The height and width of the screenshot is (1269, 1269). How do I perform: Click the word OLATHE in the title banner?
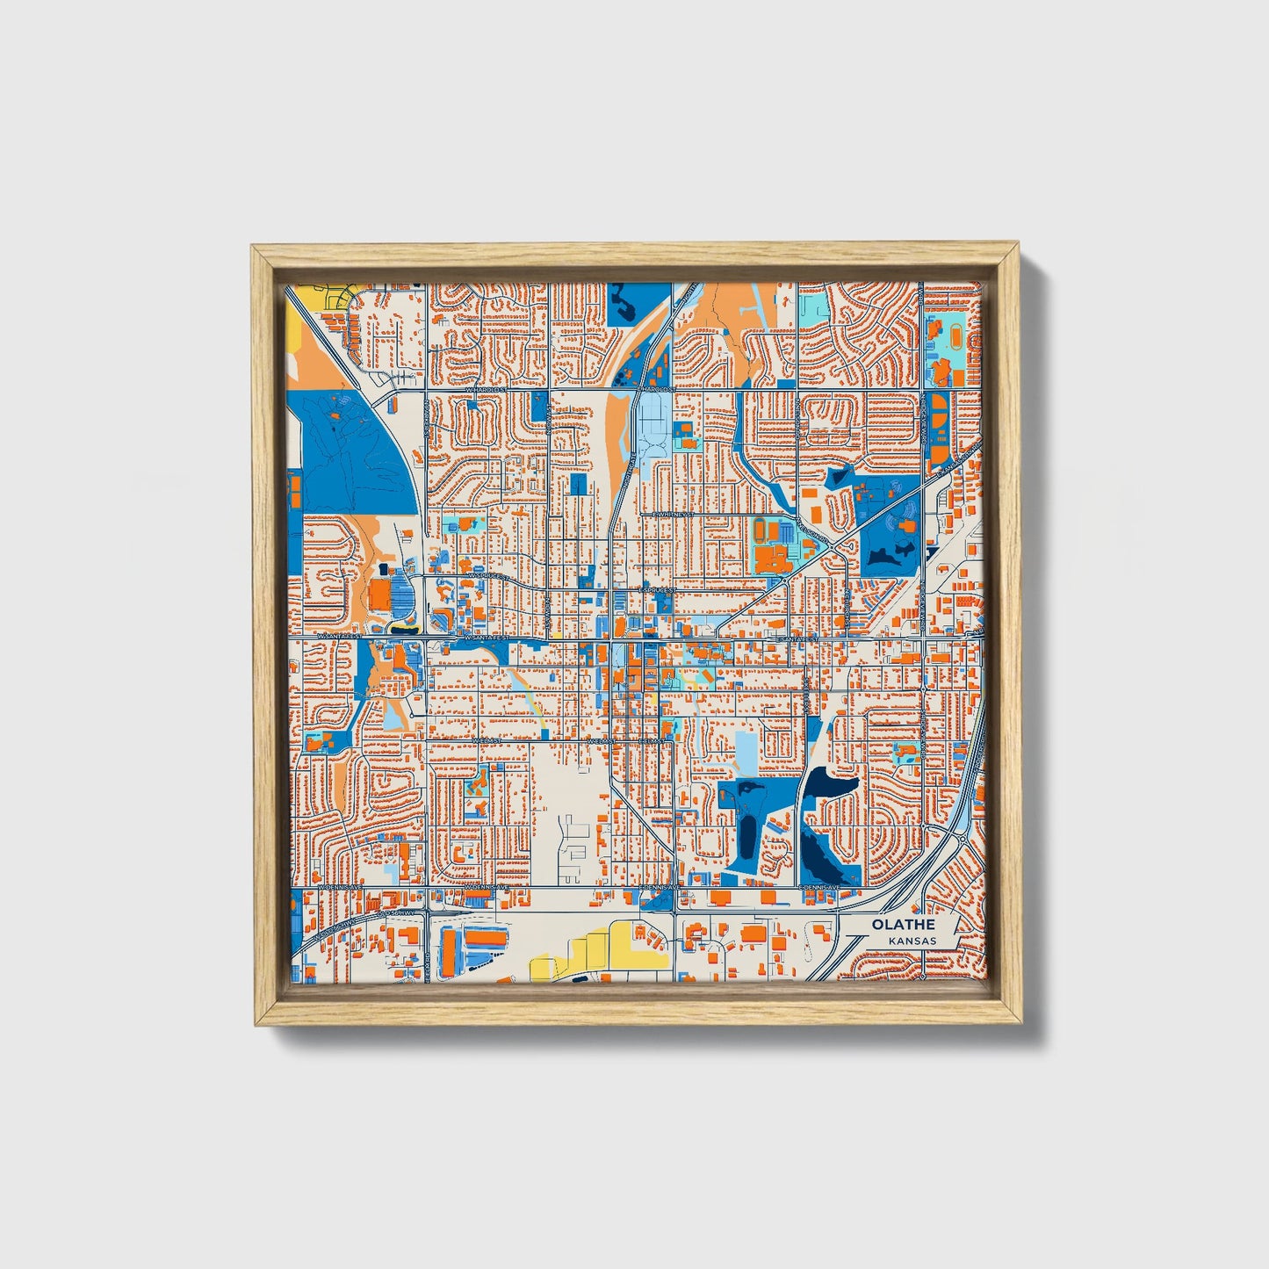[902, 925]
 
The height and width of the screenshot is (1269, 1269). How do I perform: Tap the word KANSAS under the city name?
[912, 941]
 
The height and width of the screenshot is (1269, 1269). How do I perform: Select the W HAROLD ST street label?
[487, 388]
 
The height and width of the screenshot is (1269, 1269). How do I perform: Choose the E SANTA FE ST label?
[796, 639]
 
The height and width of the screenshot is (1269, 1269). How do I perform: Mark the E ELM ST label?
[652, 741]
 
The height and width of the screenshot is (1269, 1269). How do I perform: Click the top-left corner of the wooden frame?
[252, 247]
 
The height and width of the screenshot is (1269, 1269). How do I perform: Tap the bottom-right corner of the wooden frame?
[1019, 1025]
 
